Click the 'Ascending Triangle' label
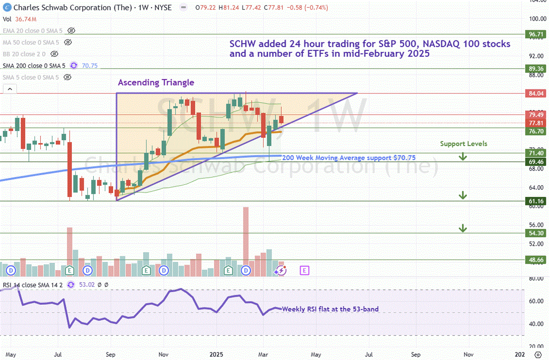(156, 83)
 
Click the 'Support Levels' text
(463, 144)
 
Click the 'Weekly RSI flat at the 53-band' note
(330, 309)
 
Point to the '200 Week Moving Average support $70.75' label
(349, 158)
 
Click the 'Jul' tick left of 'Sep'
(58, 354)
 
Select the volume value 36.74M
(27, 19)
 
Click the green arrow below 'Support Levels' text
(463, 157)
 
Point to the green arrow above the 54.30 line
(463, 227)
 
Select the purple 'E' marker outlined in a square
(304, 271)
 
